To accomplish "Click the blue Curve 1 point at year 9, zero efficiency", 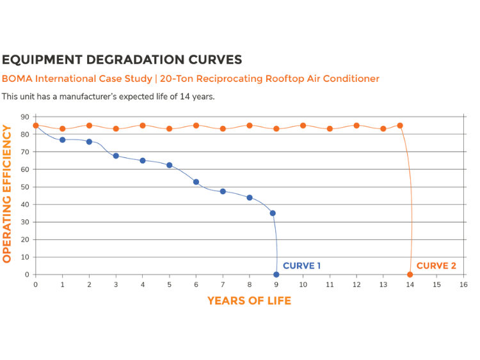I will pyautogui.click(x=276, y=274).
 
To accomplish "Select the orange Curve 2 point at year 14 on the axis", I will pyautogui.click(x=410, y=274).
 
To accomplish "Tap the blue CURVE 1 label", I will pyautogui.click(x=301, y=266).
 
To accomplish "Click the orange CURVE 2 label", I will pyautogui.click(x=436, y=266).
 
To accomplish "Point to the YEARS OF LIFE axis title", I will pyautogui.click(x=249, y=301).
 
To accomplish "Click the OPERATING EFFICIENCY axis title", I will pyautogui.click(x=8, y=194).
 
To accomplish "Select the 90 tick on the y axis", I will pyautogui.click(x=25, y=117).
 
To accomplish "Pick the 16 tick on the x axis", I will pyautogui.click(x=463, y=284).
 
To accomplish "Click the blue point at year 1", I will pyautogui.click(x=62, y=139).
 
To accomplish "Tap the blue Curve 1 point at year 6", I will pyautogui.click(x=196, y=182).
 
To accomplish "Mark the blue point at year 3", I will pyautogui.click(x=116, y=156).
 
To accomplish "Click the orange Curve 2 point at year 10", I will pyautogui.click(x=303, y=125).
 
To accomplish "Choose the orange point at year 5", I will pyautogui.click(x=169, y=129).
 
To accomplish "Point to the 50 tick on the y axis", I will pyautogui.click(x=25, y=187).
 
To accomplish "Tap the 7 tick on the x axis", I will pyautogui.click(x=223, y=284).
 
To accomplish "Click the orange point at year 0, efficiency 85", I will pyautogui.click(x=36, y=125).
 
